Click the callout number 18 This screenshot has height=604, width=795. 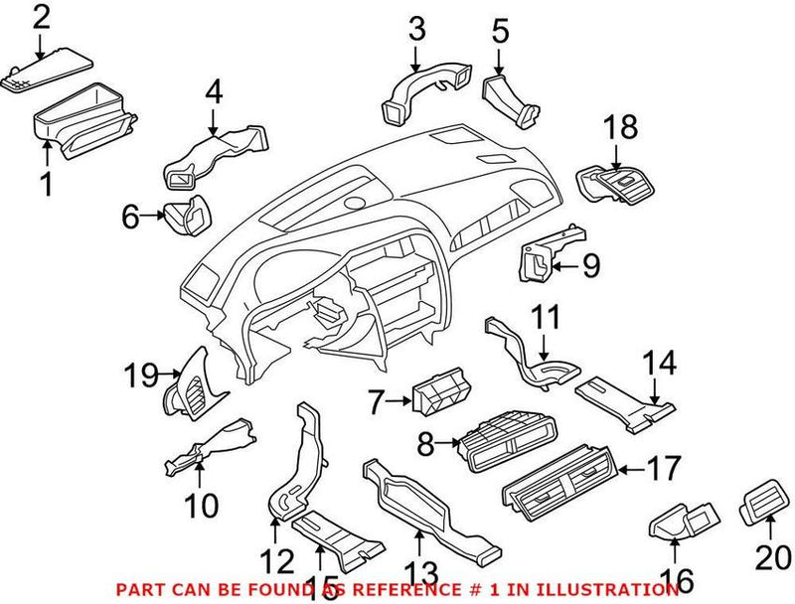[621, 127]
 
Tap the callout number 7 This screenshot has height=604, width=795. [375, 402]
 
